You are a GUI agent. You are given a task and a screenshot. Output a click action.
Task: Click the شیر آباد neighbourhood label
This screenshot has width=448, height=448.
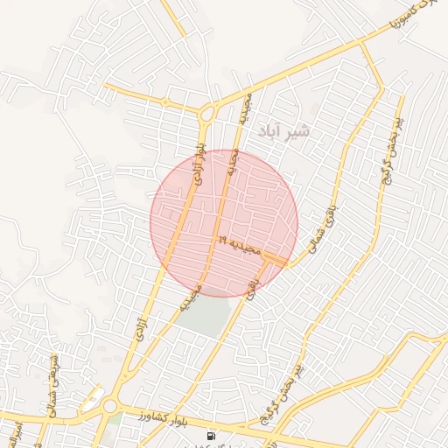click(x=284, y=131)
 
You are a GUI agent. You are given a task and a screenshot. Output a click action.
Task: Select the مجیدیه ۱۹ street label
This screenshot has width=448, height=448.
click(x=240, y=246)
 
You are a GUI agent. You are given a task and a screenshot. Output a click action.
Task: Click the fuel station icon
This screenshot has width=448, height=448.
click(x=211, y=435)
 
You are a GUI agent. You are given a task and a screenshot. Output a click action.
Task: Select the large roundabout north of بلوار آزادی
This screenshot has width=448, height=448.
click(x=207, y=113)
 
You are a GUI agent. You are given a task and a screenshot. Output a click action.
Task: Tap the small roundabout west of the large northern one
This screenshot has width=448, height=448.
click(x=164, y=102)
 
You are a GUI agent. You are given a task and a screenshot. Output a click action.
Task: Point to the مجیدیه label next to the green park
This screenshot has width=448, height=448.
click(x=191, y=298)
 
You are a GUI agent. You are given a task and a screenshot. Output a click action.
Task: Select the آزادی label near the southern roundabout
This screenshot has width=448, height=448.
click(x=141, y=330)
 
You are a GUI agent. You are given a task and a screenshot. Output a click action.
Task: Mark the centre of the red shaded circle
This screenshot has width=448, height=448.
click(x=224, y=223)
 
